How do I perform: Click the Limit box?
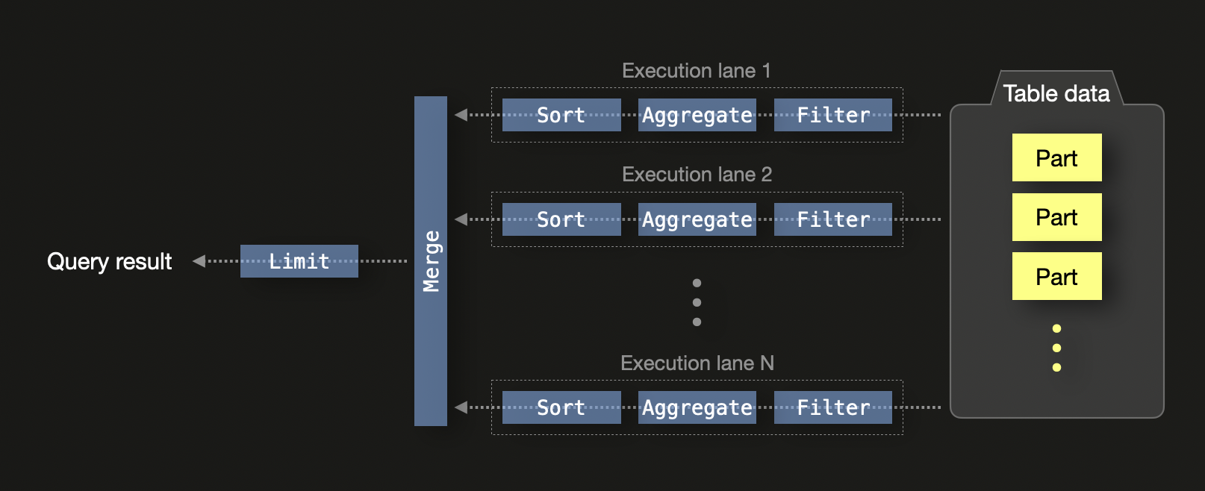point(299,261)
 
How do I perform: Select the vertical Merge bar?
point(431,261)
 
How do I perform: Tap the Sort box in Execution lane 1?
point(561,115)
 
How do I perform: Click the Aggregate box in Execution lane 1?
point(697,115)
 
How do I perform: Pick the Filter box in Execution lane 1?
point(832,115)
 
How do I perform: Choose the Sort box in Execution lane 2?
point(561,219)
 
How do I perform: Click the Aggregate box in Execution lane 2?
point(697,219)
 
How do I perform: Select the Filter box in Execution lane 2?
point(832,219)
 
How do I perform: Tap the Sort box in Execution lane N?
point(561,407)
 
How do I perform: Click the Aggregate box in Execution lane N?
point(697,407)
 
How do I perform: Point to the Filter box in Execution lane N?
point(832,407)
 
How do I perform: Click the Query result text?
point(109,262)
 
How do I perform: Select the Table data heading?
point(1056,93)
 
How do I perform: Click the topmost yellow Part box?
point(1056,157)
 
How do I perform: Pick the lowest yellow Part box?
point(1056,276)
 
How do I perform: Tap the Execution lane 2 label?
point(697,175)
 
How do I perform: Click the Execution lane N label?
point(697,363)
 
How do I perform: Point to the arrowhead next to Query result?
point(199,261)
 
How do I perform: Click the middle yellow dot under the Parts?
point(1056,348)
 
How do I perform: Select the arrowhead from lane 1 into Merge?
point(461,115)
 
